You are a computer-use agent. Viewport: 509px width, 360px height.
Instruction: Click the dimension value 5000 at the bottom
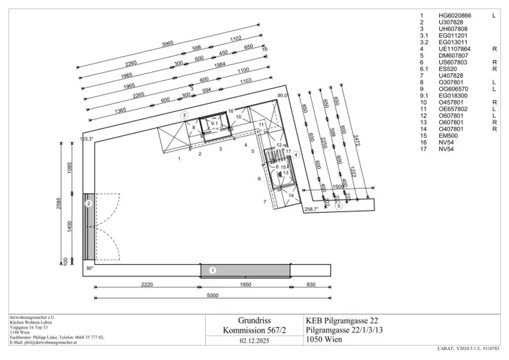click(212, 295)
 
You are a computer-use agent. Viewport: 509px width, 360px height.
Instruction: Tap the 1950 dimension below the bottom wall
click(246, 285)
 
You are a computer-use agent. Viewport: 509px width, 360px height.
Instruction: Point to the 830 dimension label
click(311, 285)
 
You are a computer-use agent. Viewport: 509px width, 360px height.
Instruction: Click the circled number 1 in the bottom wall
click(213, 270)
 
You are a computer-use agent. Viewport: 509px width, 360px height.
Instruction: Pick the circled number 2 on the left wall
click(88, 203)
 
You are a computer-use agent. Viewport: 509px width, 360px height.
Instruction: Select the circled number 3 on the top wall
click(184, 115)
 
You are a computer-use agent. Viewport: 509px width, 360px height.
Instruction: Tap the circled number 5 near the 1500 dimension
click(339, 205)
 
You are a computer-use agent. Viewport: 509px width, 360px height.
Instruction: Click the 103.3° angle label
click(86, 139)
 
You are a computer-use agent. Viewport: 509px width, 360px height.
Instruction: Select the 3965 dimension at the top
click(168, 44)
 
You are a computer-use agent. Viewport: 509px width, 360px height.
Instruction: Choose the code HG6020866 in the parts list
click(454, 16)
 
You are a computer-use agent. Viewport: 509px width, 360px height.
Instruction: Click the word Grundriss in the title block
click(254, 320)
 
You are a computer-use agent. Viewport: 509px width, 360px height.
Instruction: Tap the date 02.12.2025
click(254, 341)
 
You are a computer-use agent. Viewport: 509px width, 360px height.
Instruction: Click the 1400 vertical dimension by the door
click(70, 227)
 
